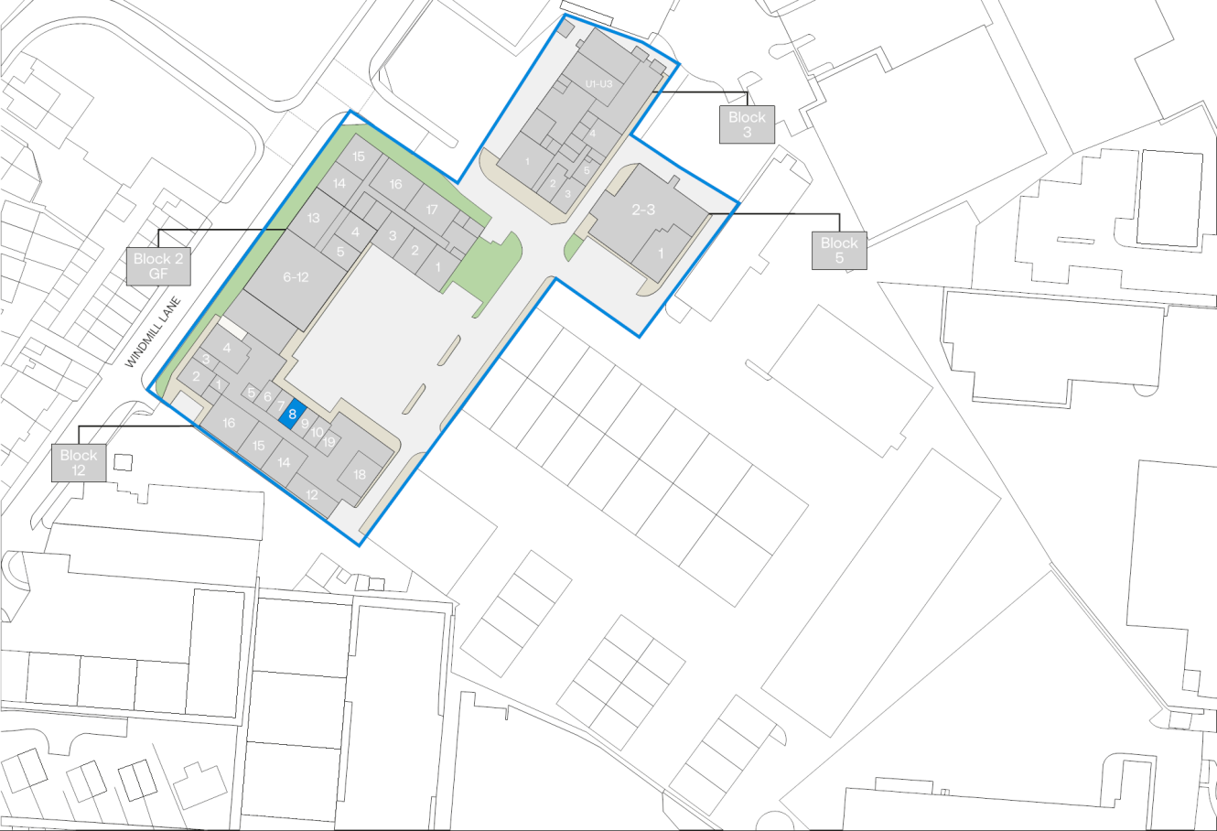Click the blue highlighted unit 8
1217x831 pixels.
292,415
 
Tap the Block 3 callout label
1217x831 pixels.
747,124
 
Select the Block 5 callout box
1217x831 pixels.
838,250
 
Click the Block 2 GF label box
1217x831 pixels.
158,266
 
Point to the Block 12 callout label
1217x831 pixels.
79,462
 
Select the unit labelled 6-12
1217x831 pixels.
295,277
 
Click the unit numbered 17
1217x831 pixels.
432,210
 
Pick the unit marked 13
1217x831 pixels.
313,218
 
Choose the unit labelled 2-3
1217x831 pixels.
643,210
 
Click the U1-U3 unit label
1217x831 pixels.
604,84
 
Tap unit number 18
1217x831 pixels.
360,474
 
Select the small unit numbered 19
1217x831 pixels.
328,442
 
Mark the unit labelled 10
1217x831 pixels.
318,432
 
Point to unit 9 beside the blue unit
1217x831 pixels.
305,423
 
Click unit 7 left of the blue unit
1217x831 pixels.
281,405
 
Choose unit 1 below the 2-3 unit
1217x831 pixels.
661,254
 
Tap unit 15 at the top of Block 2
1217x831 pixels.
359,156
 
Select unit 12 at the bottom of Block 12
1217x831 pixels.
312,495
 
